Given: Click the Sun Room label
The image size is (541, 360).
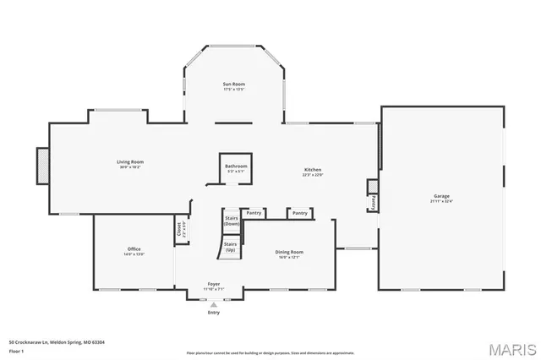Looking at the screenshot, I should (233, 85).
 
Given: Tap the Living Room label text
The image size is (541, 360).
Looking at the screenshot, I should (130, 161).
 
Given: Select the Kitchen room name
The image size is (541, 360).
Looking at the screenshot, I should (313, 170).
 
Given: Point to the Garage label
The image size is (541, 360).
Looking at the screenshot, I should (442, 196).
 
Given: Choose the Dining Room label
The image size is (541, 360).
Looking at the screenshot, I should (289, 252).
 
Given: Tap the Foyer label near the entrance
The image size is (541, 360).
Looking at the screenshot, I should (214, 284).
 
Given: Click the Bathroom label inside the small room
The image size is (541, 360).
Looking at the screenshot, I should (236, 166).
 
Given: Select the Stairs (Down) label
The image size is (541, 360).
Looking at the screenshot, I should (231, 221).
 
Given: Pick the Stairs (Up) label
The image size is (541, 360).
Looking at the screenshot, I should (230, 247).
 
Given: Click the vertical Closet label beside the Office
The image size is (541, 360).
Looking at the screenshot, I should (179, 229).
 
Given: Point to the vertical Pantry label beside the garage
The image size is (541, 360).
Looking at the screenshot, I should (373, 203).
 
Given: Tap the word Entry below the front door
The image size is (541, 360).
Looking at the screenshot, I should (214, 313).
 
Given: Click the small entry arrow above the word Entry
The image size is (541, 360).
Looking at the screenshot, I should (214, 304).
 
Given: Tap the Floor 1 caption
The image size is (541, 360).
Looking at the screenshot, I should (18, 351).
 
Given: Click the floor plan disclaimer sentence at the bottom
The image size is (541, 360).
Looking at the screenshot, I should (270, 352).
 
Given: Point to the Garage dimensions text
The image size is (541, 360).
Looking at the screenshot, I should (442, 202).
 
